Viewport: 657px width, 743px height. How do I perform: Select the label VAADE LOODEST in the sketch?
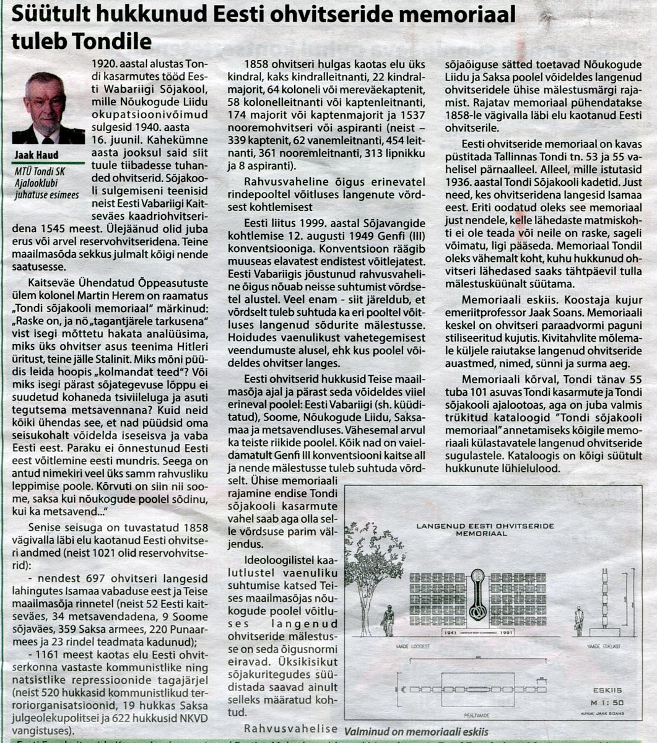[x=412, y=646]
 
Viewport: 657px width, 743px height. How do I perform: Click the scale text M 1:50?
[x=607, y=702]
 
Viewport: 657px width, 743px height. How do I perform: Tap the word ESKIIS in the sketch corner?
[x=607, y=690]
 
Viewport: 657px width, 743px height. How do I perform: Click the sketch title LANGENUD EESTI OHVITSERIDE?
[x=485, y=526]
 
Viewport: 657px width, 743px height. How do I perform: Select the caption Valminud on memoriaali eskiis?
[x=416, y=732]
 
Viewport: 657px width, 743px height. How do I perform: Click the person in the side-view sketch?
[x=578, y=620]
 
